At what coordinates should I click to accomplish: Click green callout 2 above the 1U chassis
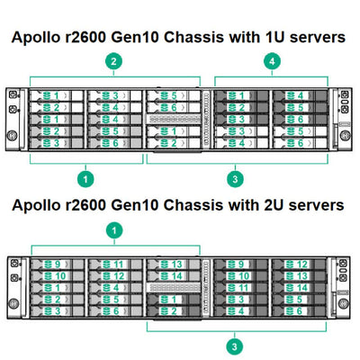[x=113, y=62]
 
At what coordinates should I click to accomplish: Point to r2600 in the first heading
[x=103, y=40]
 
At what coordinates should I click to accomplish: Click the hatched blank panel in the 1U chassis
[x=175, y=118]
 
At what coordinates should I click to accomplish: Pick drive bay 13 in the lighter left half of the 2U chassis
[x=174, y=264]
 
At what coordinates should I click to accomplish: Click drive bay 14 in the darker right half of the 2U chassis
[x=300, y=287]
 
